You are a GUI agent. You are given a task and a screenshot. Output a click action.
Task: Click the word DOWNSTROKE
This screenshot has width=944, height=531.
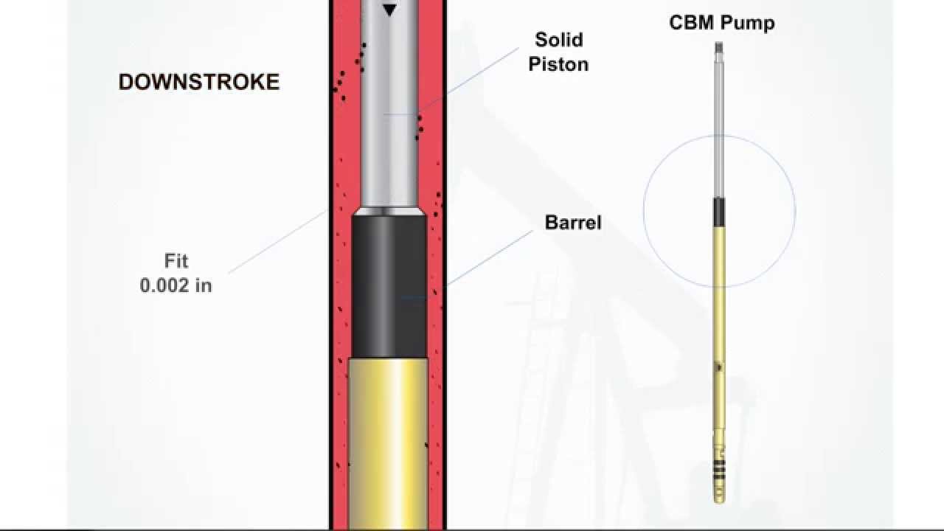click(x=199, y=82)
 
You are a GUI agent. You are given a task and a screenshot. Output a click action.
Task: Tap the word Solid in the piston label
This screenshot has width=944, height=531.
click(x=559, y=40)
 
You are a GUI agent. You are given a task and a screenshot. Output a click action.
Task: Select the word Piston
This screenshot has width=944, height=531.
click(x=558, y=64)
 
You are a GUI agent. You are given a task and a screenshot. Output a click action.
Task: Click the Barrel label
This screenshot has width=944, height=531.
click(x=573, y=223)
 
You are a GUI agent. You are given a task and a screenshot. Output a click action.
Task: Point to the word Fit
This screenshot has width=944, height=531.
click(x=176, y=261)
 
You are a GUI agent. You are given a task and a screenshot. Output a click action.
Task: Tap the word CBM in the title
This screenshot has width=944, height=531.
click(x=689, y=22)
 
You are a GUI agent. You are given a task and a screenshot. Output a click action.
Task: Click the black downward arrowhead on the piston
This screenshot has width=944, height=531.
click(x=389, y=10)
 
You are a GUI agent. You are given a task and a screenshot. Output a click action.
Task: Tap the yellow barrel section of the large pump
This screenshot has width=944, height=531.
click(x=389, y=442)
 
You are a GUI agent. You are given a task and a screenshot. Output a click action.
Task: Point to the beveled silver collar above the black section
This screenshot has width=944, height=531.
click(x=389, y=211)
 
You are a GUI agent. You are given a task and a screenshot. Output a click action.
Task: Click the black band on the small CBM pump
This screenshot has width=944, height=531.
click(x=719, y=212)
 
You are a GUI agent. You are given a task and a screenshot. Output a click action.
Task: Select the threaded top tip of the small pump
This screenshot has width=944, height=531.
click(x=719, y=48)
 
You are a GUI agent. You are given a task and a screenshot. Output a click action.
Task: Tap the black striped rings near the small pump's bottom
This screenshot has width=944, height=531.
click(x=719, y=472)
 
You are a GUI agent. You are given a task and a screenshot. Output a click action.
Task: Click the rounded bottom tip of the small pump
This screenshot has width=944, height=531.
click(x=719, y=499)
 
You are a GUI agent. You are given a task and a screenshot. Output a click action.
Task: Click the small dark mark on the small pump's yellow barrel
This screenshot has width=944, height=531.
click(x=719, y=367)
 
